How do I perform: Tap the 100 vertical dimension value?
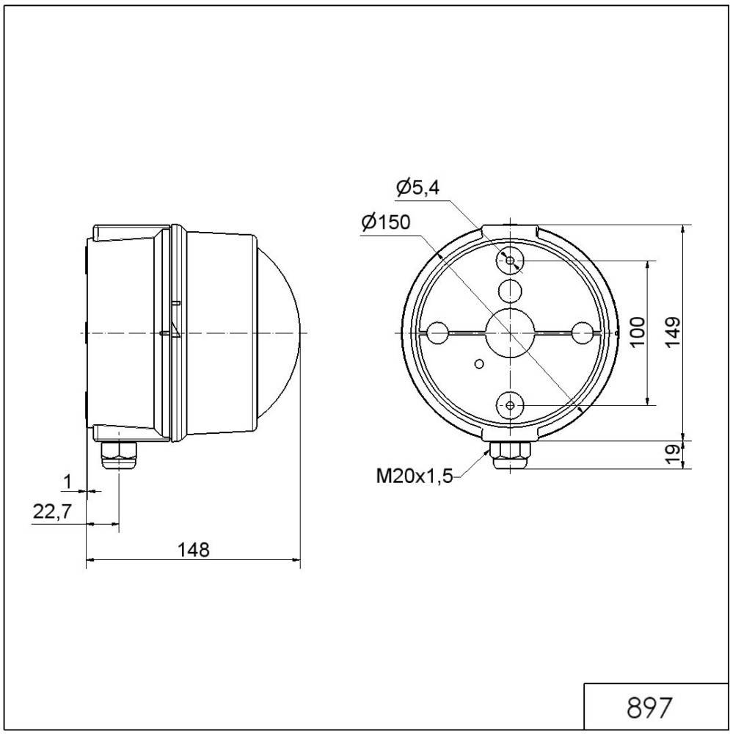click(x=637, y=332)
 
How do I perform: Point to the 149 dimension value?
click(x=674, y=332)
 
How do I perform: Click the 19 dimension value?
click(x=674, y=454)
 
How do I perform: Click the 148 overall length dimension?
click(x=194, y=549)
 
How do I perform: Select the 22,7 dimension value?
click(x=51, y=512)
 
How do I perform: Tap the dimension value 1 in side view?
click(x=67, y=482)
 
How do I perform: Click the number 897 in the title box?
click(x=649, y=708)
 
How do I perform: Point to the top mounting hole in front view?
click(x=509, y=261)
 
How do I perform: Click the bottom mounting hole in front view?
click(x=509, y=404)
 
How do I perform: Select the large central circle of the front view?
click(x=509, y=333)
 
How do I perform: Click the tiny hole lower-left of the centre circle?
click(x=478, y=363)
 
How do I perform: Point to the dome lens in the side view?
click(x=282, y=333)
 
